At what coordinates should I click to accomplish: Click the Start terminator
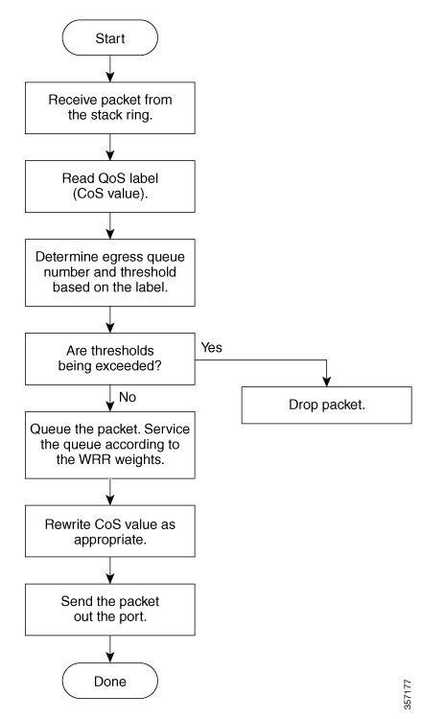coord(110,37)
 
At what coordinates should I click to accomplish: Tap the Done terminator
coord(110,681)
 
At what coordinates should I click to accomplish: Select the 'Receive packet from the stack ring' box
coord(110,107)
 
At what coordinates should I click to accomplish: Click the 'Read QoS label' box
coord(110,186)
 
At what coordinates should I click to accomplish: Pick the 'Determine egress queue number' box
coord(110,272)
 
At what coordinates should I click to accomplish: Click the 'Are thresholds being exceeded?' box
coord(110,359)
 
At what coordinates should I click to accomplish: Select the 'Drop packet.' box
coord(327,405)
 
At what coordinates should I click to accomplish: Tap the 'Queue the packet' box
coord(110,445)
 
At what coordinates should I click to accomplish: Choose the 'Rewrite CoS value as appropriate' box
coord(110,531)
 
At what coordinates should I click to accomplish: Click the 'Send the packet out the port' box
coord(110,610)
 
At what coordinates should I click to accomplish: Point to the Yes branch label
coord(211,348)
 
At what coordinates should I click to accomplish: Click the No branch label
coord(128,397)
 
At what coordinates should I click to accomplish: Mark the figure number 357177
coord(407,694)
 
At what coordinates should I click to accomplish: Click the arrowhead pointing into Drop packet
coord(327,383)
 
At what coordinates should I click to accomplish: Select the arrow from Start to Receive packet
coord(110,69)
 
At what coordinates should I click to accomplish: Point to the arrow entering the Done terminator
coord(110,649)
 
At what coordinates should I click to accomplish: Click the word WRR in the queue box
coord(96,459)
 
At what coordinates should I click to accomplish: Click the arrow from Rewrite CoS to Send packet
coord(110,570)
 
